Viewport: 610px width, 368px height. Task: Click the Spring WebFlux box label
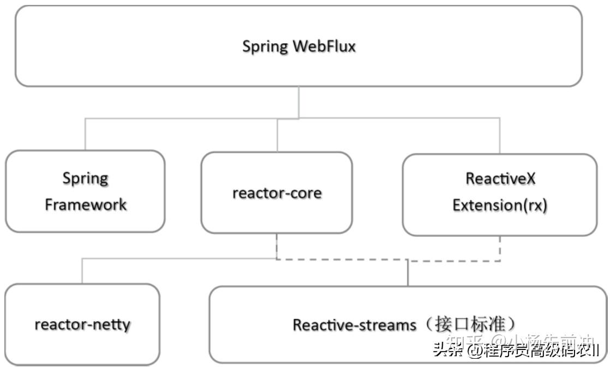[x=298, y=46]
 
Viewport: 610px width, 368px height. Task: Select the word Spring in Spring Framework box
[x=85, y=179]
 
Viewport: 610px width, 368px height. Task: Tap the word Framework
[x=85, y=205]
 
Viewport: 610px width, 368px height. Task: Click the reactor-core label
[x=277, y=193]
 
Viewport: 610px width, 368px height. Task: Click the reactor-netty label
[x=82, y=324]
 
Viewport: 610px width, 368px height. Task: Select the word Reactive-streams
[x=354, y=325]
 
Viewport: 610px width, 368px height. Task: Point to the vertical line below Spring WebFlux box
[x=298, y=102]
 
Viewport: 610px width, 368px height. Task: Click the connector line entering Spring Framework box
[x=85, y=135]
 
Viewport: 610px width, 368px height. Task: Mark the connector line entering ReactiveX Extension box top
[x=500, y=136]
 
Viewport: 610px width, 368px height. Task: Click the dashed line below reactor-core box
[x=277, y=247]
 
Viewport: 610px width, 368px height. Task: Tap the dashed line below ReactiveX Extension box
[x=500, y=248]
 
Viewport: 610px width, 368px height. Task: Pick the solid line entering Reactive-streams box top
[x=408, y=273]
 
